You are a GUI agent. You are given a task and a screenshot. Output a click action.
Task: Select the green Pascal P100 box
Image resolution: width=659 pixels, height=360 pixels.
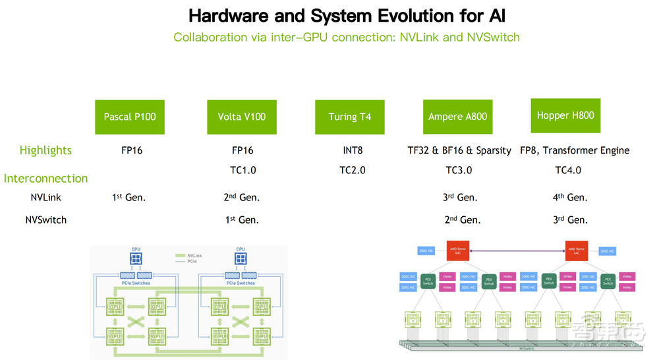click(x=130, y=117)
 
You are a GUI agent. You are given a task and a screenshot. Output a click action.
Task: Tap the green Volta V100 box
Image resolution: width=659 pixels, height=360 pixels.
click(x=241, y=117)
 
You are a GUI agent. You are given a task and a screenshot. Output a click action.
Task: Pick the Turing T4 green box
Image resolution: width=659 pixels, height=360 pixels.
click(x=349, y=117)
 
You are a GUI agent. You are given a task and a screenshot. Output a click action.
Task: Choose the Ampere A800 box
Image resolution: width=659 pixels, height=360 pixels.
click(x=457, y=117)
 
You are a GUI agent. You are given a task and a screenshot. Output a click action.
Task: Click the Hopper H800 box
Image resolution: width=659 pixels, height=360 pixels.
click(x=565, y=115)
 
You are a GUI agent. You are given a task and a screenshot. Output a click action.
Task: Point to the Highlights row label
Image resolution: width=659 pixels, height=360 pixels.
click(x=45, y=150)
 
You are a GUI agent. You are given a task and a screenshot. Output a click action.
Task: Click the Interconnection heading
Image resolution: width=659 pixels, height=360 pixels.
click(x=45, y=178)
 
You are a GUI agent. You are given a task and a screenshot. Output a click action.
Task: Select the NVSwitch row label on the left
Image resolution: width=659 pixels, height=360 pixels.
click(x=45, y=220)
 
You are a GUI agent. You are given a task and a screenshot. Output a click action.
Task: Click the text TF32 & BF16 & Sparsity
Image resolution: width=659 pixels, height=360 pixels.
click(x=459, y=150)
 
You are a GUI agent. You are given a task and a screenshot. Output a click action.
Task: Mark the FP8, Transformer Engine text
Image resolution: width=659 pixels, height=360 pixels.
click(x=574, y=150)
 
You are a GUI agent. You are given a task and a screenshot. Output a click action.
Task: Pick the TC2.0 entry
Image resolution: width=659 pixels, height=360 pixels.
click(x=353, y=170)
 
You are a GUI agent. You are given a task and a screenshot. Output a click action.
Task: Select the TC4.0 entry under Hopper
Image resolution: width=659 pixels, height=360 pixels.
click(x=568, y=170)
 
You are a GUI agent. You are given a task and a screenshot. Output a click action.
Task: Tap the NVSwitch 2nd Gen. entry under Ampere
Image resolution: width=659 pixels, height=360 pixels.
click(x=459, y=220)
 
